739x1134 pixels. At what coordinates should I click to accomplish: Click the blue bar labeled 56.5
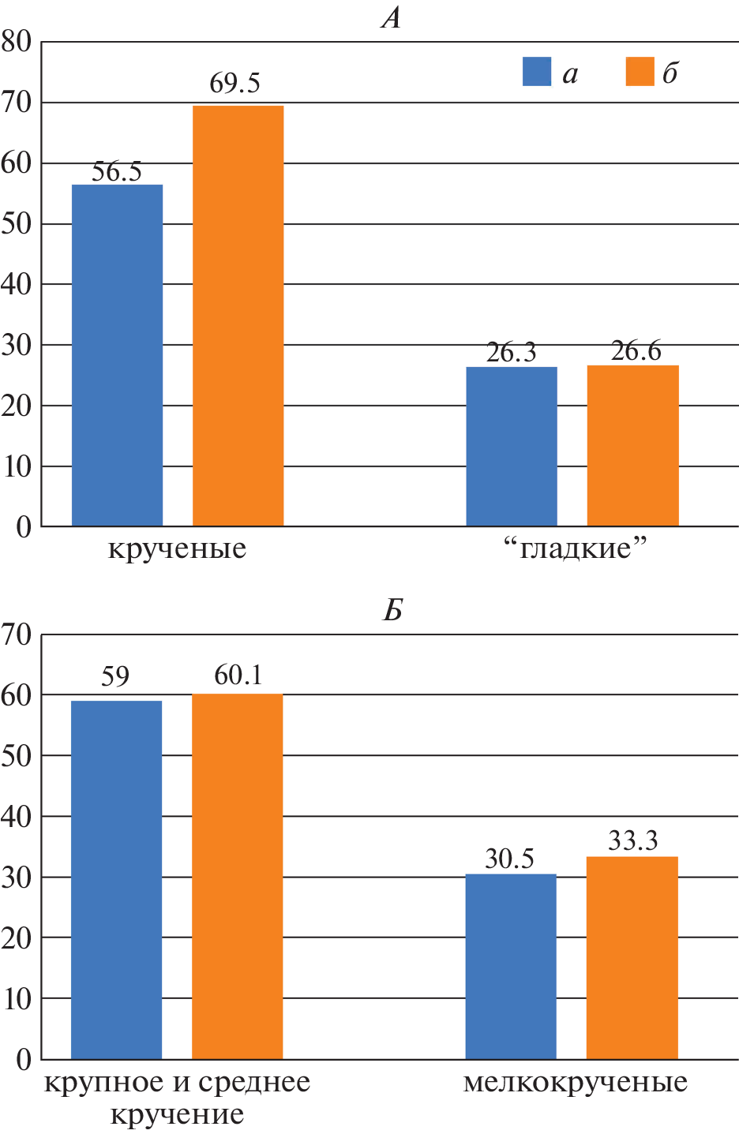[117, 355]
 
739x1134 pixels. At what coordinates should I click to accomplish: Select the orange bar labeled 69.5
[238, 316]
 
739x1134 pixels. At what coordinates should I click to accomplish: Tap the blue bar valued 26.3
[511, 447]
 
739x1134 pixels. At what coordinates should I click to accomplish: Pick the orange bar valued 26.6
[632, 446]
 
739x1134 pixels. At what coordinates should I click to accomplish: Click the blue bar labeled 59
[116, 879]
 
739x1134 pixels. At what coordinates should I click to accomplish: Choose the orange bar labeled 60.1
[237, 876]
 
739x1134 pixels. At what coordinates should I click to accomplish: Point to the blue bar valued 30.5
[510, 966]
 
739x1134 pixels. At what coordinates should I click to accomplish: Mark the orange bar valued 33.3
[632, 957]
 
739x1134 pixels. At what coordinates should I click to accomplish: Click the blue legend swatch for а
[537, 72]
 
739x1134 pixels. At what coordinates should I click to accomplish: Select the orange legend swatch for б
[640, 72]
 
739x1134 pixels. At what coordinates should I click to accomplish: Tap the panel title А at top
[392, 17]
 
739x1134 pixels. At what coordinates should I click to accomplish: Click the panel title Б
[393, 610]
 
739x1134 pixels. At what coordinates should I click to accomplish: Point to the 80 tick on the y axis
[17, 42]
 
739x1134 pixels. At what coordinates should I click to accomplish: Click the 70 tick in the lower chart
[17, 634]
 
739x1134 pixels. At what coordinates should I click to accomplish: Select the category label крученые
[177, 548]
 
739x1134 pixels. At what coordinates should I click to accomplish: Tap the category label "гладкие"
[575, 548]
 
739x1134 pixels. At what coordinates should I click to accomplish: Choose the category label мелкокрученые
[575, 1082]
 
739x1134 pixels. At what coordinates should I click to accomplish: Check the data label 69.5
[234, 84]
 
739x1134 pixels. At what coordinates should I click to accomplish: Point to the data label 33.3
[632, 841]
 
